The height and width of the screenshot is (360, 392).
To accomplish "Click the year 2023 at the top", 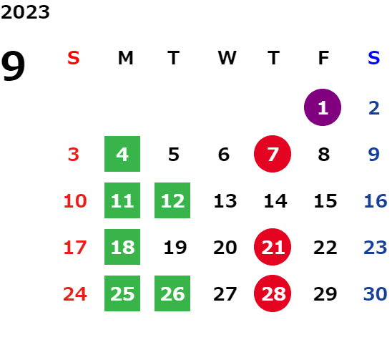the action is pyautogui.click(x=25, y=12).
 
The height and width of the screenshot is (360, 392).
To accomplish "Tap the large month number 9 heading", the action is pyautogui.click(x=13, y=66).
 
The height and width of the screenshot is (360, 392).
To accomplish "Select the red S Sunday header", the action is pyautogui.click(x=74, y=58).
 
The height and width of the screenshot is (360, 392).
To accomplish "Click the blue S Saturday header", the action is pyautogui.click(x=373, y=58).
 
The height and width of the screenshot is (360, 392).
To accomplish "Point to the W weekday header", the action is pyautogui.click(x=227, y=58).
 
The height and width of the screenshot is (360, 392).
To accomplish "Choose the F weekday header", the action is pyautogui.click(x=323, y=58).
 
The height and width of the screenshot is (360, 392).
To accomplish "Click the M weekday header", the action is pyautogui.click(x=125, y=58).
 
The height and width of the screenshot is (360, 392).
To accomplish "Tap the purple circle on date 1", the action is pyautogui.click(x=323, y=107).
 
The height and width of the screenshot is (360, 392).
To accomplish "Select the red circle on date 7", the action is pyautogui.click(x=273, y=154).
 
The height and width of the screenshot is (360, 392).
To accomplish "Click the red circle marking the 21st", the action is pyautogui.click(x=273, y=247).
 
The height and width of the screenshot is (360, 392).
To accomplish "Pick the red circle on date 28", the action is pyautogui.click(x=273, y=293).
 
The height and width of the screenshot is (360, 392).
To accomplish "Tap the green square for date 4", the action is pyautogui.click(x=122, y=154).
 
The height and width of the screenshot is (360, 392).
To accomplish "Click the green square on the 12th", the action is pyautogui.click(x=172, y=200).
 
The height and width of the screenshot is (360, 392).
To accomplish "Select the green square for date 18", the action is pyautogui.click(x=122, y=247).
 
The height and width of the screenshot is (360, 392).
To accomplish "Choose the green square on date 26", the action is pyautogui.click(x=172, y=293).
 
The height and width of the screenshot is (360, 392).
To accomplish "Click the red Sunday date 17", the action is pyautogui.click(x=75, y=248).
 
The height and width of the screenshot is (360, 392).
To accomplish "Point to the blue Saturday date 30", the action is pyautogui.click(x=375, y=293).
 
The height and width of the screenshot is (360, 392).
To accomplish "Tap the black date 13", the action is pyautogui.click(x=225, y=201).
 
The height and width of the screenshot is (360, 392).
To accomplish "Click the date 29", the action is pyautogui.click(x=325, y=293).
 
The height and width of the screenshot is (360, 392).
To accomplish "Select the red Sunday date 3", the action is pyautogui.click(x=74, y=155).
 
